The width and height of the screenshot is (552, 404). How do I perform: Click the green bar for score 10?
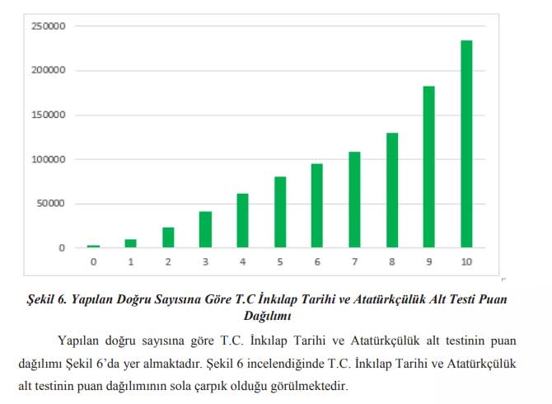(466, 144)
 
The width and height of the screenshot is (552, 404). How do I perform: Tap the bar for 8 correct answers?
(391, 190)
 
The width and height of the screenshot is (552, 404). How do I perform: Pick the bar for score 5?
(280, 212)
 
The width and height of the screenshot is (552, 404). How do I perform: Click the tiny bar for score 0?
(93, 246)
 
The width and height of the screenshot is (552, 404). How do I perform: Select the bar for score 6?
(317, 206)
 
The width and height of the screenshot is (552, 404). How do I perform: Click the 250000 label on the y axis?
(49, 26)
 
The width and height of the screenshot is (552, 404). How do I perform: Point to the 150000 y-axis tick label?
(49, 115)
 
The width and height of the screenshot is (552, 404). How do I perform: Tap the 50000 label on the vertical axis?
(51, 204)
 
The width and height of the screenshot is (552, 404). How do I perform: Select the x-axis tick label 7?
(354, 262)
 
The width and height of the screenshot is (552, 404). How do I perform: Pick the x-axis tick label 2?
(168, 262)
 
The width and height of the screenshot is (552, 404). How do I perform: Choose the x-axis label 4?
(242, 262)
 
